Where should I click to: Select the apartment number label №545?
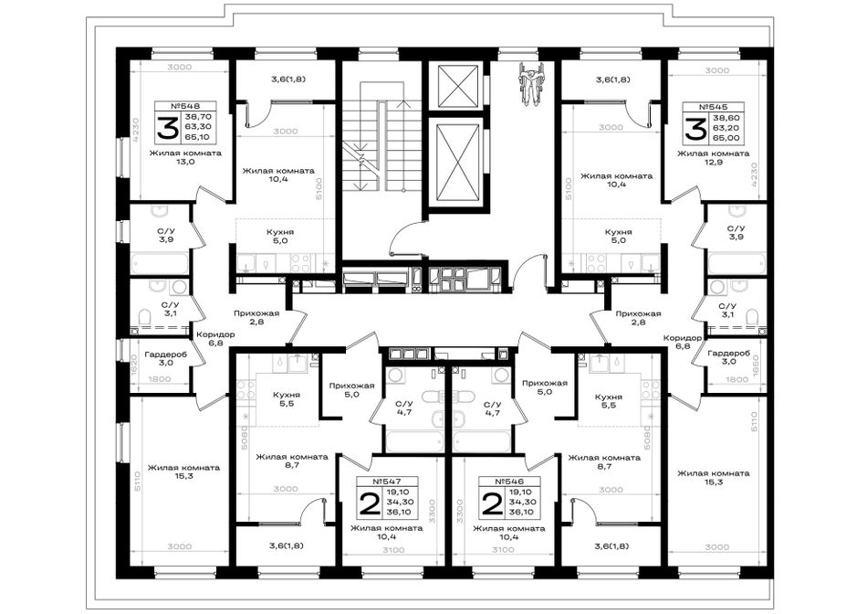pyautogui.click(x=713, y=107)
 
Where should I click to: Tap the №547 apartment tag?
pyautogui.click(x=387, y=482)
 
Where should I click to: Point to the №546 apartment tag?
pyautogui.click(x=509, y=482)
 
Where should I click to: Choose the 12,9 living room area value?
pyautogui.click(x=714, y=163)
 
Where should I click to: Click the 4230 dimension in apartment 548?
pyautogui.click(x=136, y=132)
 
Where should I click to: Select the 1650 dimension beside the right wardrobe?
pyautogui.click(x=757, y=365)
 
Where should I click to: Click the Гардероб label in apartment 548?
pyautogui.click(x=166, y=355)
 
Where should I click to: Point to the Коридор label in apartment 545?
pyautogui.click(x=683, y=338)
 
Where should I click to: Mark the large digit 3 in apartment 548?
pyautogui.click(x=167, y=129)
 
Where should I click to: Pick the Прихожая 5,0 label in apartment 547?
pyautogui.click(x=351, y=390)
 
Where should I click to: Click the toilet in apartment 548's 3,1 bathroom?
pyautogui.click(x=145, y=318)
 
